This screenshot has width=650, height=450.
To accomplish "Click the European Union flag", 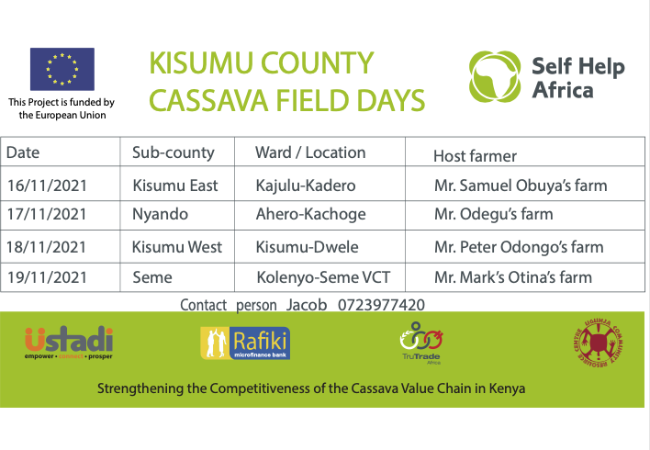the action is [62, 69].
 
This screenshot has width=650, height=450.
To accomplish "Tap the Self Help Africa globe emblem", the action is [495, 77].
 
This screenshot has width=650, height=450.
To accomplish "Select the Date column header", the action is [23, 152].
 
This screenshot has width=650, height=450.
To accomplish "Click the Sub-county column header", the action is [174, 153].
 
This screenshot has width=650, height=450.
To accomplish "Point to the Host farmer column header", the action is [475, 156].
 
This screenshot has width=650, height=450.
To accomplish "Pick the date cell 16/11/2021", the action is [47, 186].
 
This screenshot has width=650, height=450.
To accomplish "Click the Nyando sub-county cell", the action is [160, 214].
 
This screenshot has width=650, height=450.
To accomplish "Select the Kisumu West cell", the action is [177, 247].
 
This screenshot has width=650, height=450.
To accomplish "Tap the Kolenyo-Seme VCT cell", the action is [323, 277].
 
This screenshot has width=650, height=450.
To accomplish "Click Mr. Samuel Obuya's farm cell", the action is [521, 186].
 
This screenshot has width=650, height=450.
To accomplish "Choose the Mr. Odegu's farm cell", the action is [494, 214].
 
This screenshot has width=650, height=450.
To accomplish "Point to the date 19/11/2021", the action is [47, 277].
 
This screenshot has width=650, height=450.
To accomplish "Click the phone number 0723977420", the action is [381, 305].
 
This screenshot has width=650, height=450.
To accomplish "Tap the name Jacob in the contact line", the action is [307, 305].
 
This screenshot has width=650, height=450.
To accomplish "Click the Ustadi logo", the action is [69, 343].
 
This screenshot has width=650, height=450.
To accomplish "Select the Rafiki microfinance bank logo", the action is [245, 343].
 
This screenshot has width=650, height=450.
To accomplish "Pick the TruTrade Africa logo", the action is [421, 343].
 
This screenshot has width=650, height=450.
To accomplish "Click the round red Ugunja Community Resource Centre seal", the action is [599, 343].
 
